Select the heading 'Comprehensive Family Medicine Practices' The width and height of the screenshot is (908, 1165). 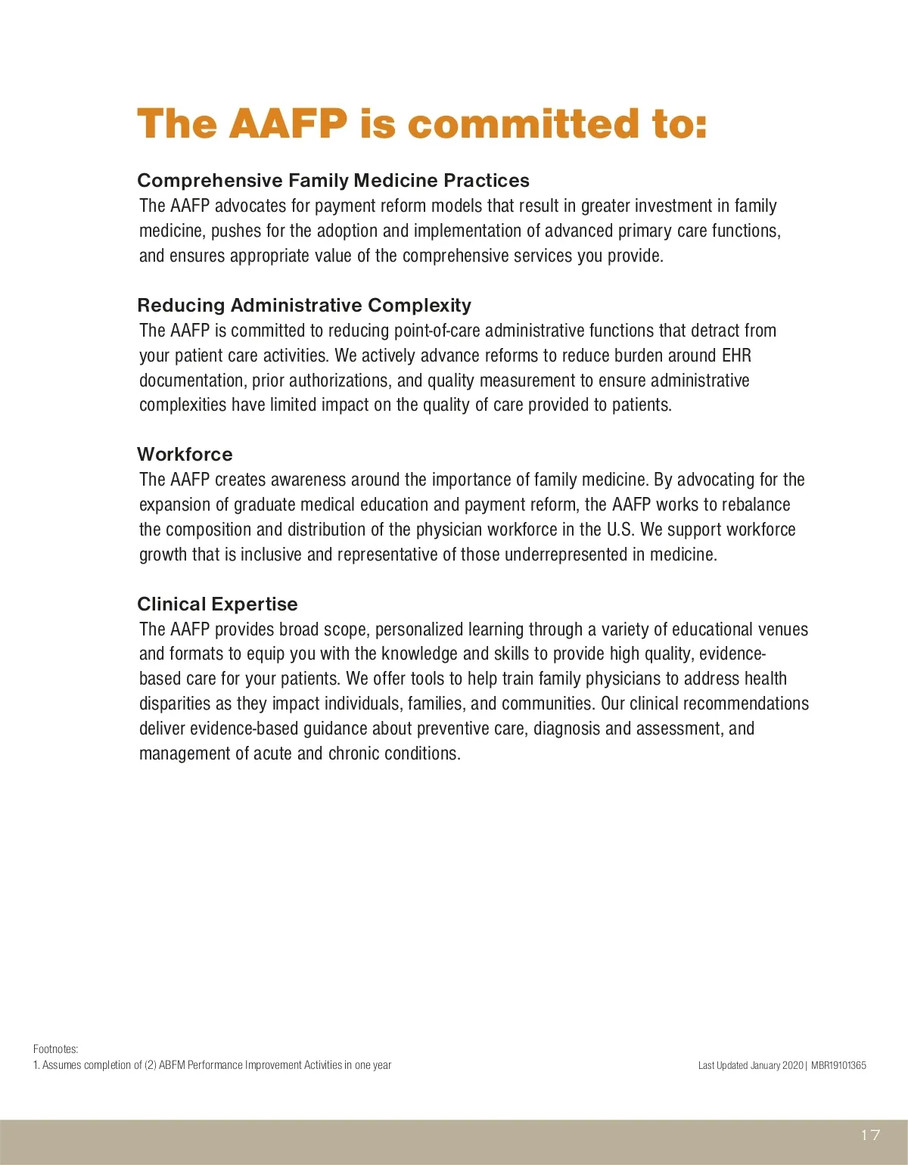[x=333, y=180]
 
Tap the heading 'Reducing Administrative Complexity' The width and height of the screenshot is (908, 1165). [x=304, y=305]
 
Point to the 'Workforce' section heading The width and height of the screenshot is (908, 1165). [x=185, y=454]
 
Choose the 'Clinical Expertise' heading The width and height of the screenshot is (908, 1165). [x=217, y=604]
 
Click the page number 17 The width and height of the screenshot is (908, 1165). [x=870, y=1135]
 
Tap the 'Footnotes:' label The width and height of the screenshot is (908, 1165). [x=55, y=1048]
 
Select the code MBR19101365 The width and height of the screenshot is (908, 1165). [x=838, y=1065]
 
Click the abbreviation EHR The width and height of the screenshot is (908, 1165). [x=736, y=356]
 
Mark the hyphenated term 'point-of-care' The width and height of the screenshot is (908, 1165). [x=437, y=331]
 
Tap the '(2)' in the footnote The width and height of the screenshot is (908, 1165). [x=151, y=1065]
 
